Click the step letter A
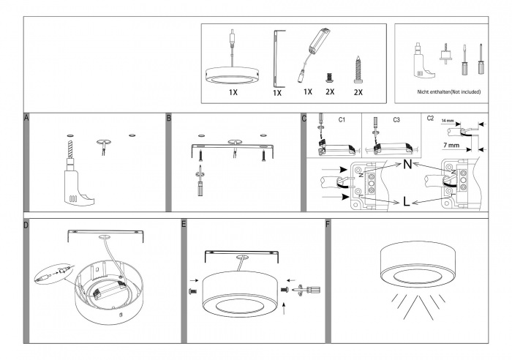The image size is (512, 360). [x=27, y=118]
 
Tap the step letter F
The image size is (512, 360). [x=327, y=224]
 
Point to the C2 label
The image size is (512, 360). [x=430, y=119]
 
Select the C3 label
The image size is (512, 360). [x=396, y=119]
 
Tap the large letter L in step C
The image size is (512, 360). [x=406, y=202]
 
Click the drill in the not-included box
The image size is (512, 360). [x=422, y=59]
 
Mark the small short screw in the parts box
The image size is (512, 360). [x=329, y=75]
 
